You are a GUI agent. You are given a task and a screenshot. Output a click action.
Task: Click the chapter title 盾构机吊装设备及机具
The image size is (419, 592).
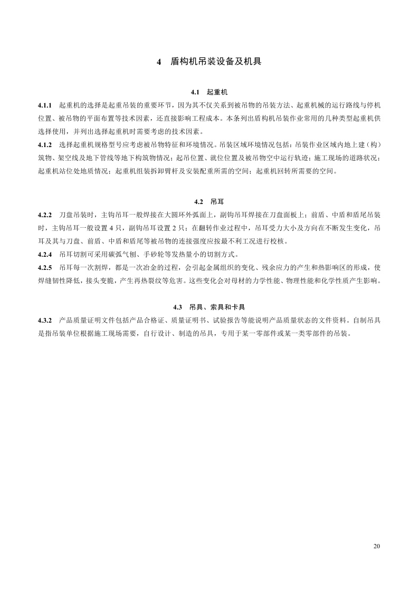pos(216,62)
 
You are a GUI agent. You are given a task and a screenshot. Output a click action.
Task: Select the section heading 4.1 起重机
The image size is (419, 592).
pos(209,91)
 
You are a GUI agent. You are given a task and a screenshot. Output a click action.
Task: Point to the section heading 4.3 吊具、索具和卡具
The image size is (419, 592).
pos(209,307)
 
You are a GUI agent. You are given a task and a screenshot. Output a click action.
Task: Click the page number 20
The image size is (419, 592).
pos(376,546)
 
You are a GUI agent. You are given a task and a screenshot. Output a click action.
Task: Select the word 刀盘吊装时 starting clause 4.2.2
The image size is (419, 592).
pos(75,216)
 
